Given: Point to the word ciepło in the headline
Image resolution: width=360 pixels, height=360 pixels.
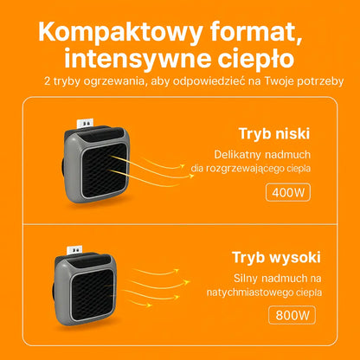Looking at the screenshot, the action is click(256, 59).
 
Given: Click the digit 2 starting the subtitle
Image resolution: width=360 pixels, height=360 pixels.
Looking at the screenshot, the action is click(48, 81).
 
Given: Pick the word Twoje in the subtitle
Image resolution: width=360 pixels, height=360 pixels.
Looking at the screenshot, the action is click(280, 81).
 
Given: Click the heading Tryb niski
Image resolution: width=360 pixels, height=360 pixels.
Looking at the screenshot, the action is click(274, 134).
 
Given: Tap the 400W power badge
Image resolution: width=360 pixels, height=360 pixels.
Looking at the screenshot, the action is click(288, 192).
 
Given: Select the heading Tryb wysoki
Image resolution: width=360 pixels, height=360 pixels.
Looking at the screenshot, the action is click(276, 258).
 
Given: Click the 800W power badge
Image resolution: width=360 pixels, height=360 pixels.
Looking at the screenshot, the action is click(292, 315).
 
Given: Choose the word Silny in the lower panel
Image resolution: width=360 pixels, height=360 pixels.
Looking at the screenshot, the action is click(245, 279).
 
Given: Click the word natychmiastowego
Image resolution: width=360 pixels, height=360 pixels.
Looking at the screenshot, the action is click(246, 292).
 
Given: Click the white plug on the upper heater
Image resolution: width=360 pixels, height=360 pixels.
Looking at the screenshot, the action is click(86, 123).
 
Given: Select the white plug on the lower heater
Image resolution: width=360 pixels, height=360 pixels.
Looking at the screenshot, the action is click(74, 250).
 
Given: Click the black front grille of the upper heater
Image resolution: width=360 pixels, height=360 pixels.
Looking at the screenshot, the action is click(104, 170).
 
